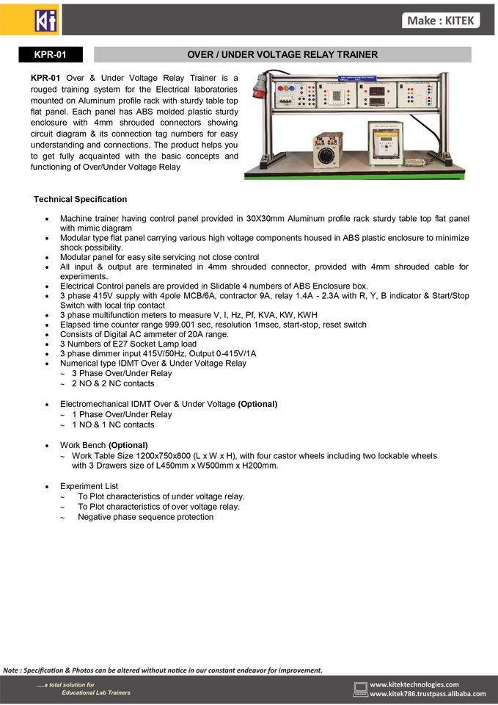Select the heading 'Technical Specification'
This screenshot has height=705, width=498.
[x=80, y=199]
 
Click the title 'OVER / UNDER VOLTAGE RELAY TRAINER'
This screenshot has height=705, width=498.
[x=282, y=54]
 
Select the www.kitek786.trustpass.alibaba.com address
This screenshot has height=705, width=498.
[x=428, y=694]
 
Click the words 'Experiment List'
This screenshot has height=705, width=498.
[x=89, y=486]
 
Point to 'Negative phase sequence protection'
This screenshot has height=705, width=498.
[x=146, y=517]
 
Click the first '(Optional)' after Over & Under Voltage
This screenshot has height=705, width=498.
[x=257, y=404]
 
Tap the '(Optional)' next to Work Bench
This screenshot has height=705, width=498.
[x=128, y=445]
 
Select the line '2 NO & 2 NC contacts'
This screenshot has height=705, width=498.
[x=113, y=383]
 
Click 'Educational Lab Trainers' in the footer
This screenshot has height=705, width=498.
[x=95, y=693]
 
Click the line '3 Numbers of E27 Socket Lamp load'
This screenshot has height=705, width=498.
[x=128, y=344]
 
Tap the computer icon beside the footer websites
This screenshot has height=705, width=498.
[x=360, y=689]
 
